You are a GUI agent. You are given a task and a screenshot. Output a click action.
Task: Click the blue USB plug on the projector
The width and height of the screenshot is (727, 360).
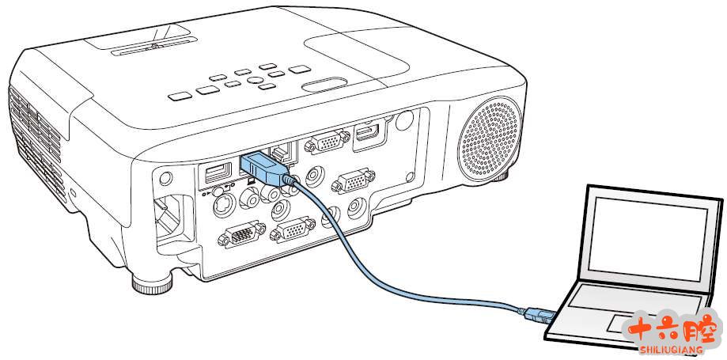click(262, 168)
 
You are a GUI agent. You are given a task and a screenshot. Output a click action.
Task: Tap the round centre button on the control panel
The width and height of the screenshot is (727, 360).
click(256, 79)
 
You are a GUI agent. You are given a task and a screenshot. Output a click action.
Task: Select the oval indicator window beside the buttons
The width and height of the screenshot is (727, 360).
click(324, 85)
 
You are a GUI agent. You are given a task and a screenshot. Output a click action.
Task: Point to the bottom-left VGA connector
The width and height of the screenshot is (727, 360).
click(235, 237)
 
